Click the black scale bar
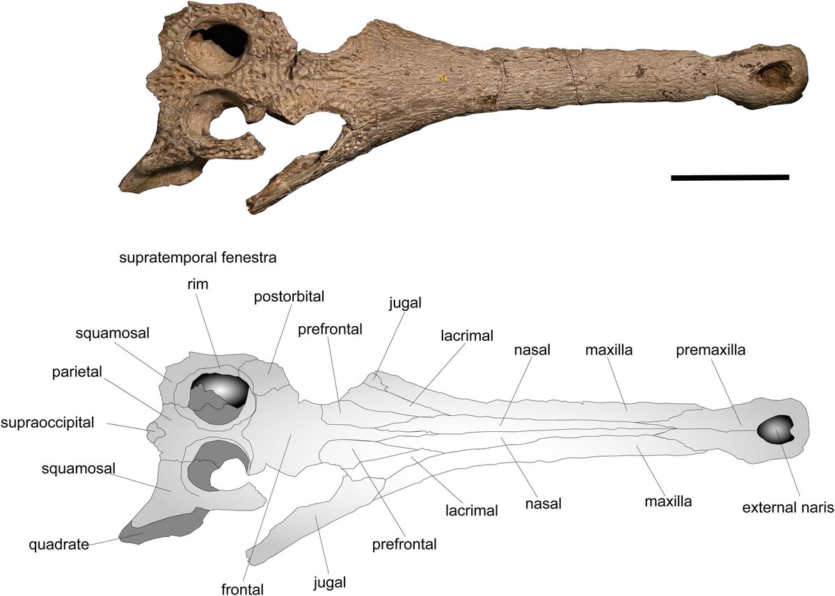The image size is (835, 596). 729,178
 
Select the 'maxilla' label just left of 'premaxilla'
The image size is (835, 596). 608,351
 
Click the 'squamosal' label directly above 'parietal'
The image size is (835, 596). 104,332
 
